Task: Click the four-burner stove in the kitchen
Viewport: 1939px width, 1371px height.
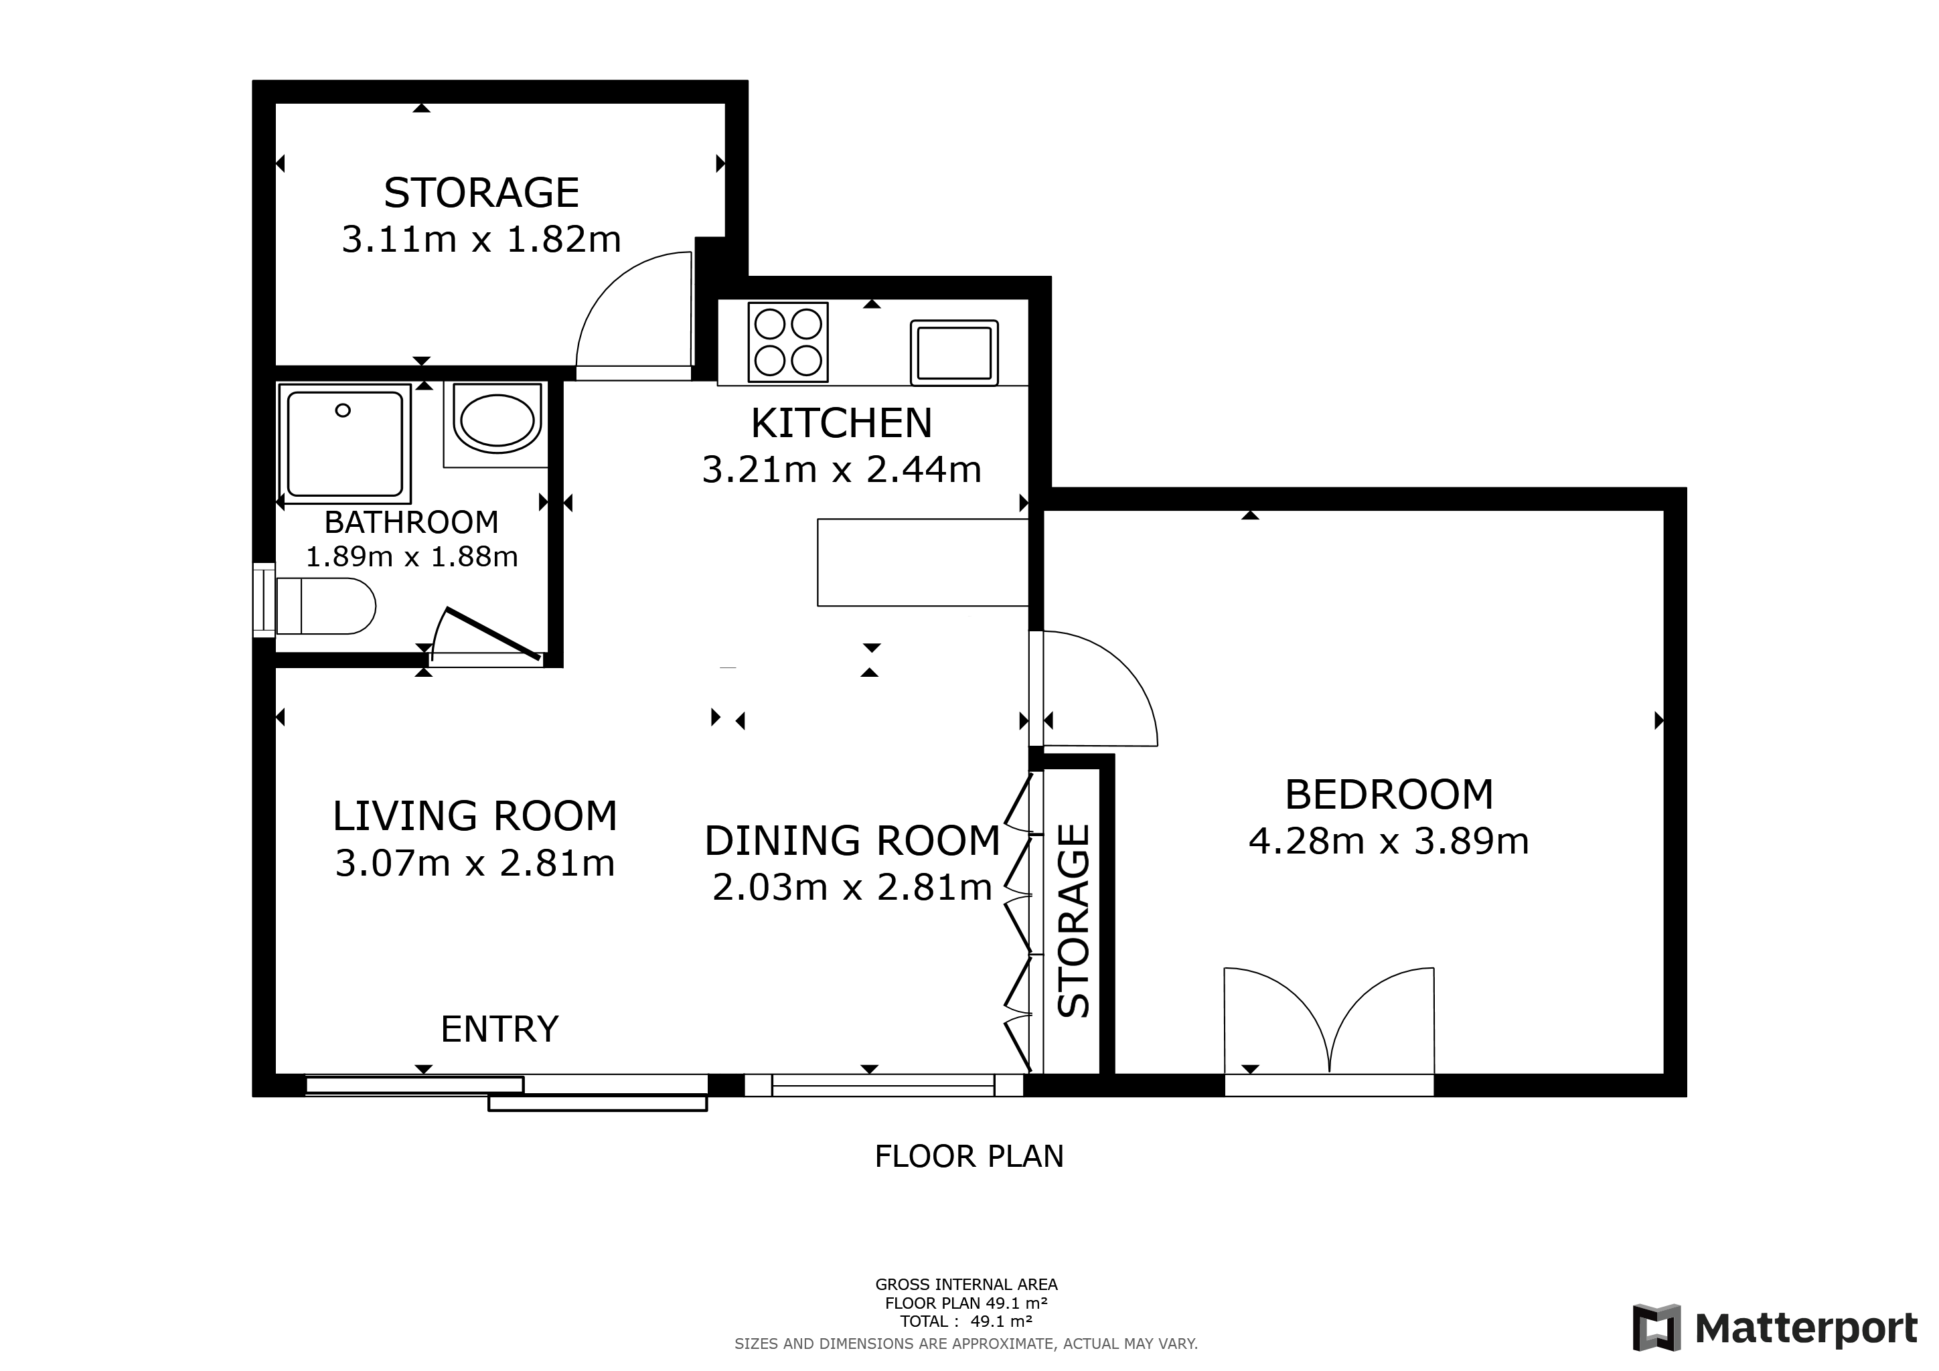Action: pyautogui.click(x=788, y=342)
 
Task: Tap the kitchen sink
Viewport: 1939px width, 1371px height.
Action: pyautogui.click(x=954, y=353)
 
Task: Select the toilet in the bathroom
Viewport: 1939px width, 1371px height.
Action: pyautogui.click(x=325, y=606)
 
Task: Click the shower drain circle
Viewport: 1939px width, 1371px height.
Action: pyautogui.click(x=343, y=411)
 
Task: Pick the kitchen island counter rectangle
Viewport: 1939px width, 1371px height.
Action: pyautogui.click(x=923, y=562)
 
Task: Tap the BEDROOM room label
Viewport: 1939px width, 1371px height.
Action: pyautogui.click(x=1389, y=795)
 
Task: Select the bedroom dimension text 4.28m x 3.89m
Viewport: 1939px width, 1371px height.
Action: pyautogui.click(x=1389, y=841)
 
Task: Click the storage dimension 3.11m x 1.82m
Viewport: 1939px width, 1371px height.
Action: pyautogui.click(x=481, y=240)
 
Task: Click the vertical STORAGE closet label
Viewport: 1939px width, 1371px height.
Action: pyautogui.click(x=1074, y=921)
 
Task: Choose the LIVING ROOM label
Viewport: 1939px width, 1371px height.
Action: pyautogui.click(x=475, y=816)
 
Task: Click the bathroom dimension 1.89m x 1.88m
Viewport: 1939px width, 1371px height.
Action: pyautogui.click(x=411, y=557)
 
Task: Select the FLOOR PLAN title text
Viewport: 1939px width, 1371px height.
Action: pyautogui.click(x=969, y=1157)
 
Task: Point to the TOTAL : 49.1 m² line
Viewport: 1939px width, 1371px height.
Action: pyautogui.click(x=966, y=1321)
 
